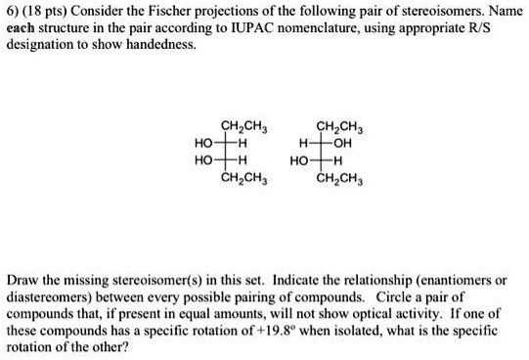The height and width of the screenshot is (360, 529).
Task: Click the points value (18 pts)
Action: coord(46,12)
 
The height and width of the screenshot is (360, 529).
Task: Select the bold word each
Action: coord(22,28)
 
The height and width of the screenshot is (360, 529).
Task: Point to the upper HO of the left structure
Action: coord(205,142)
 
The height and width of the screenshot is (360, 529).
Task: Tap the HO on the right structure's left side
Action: coord(302,159)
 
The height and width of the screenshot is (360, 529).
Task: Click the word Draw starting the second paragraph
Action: coord(23,279)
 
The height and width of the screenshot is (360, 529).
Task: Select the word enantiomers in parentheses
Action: coord(448,279)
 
